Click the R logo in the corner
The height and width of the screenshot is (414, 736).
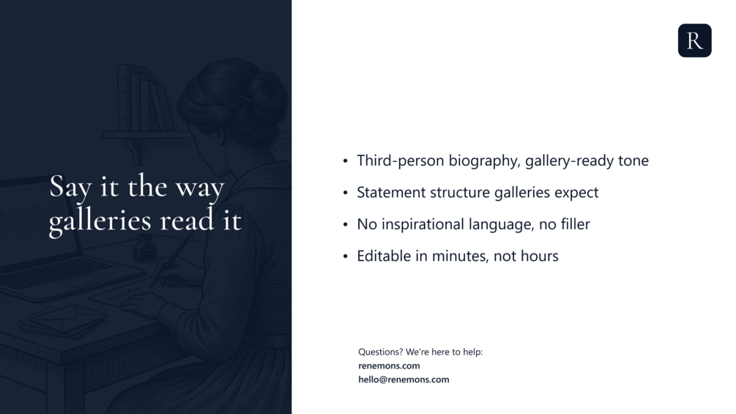pos(695,40)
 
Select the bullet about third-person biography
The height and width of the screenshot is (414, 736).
pos(502,160)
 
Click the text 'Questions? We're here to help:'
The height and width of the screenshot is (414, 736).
pos(420,352)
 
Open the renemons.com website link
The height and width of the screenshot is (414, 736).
pos(389,366)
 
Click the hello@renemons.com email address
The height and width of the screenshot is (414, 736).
pos(404,380)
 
